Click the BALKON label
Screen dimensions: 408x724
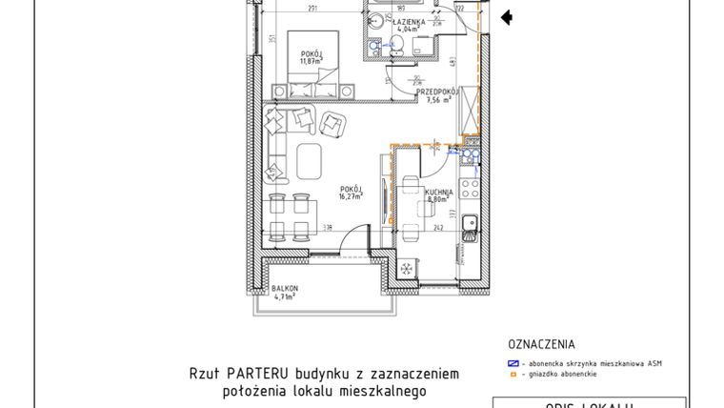point(285,288)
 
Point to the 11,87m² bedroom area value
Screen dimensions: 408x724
point(311,62)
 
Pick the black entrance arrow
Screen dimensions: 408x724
point(507,16)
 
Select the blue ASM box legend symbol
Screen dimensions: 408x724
point(513,363)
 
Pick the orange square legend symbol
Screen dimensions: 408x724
point(512,374)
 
